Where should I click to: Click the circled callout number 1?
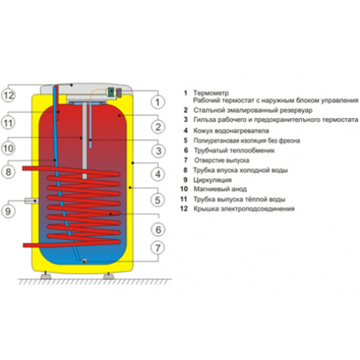point(158,102)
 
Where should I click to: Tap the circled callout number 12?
point(9,95)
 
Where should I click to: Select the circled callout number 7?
point(158,248)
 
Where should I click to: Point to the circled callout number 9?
point(8,211)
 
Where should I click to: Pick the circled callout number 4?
point(158,174)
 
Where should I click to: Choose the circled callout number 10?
point(9,148)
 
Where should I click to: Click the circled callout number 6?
point(158,230)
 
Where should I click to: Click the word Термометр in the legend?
point(211,93)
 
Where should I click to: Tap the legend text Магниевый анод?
point(220,189)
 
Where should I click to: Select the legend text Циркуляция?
point(212,180)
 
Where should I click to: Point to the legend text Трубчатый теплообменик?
point(234,150)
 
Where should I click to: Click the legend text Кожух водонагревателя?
point(231,131)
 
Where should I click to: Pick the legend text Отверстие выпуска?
point(222,160)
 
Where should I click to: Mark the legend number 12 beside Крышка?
point(184,209)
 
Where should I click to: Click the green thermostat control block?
point(111,91)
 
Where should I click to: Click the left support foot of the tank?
point(46,276)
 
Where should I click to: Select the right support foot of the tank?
point(109,276)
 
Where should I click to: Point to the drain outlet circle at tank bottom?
point(84,261)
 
